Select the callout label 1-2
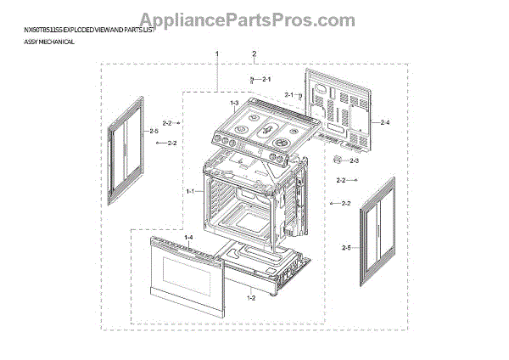tap(251, 298)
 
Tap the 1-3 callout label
tap(235, 103)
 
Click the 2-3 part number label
tap(354, 160)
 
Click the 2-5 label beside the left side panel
tap(154, 132)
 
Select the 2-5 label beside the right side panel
tap(345, 247)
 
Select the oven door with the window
tap(182, 274)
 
